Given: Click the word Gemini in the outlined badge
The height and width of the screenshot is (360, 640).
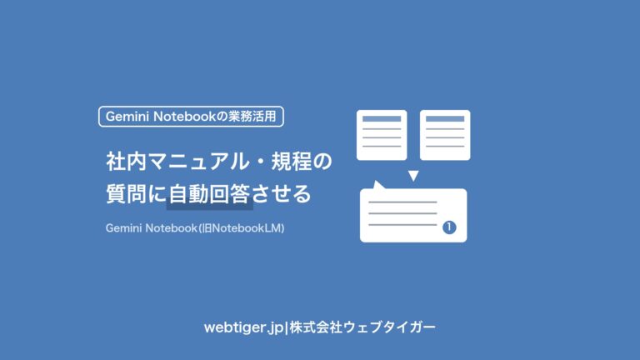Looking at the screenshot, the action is (127, 117).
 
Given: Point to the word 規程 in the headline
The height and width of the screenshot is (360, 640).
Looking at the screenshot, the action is (292, 161).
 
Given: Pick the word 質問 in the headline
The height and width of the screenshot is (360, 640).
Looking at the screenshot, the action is (126, 193).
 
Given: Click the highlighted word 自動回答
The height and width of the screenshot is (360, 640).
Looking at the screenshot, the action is (209, 193).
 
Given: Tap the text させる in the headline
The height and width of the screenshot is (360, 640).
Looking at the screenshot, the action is (282, 193).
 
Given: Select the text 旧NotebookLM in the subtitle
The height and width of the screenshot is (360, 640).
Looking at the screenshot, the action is (242, 228).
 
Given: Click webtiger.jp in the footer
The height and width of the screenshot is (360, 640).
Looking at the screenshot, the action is (243, 327).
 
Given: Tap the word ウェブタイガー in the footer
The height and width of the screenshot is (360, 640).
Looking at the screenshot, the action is (389, 327).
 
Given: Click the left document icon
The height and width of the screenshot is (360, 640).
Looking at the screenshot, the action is (382, 135).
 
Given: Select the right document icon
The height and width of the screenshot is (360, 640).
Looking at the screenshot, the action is (445, 135).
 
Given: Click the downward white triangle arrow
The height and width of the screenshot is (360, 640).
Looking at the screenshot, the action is (413, 176).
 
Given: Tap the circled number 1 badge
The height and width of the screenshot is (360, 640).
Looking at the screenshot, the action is (449, 227).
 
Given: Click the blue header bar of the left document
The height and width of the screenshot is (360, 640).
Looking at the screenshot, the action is (382, 119).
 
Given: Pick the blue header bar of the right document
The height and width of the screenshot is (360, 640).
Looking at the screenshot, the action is (445, 119).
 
